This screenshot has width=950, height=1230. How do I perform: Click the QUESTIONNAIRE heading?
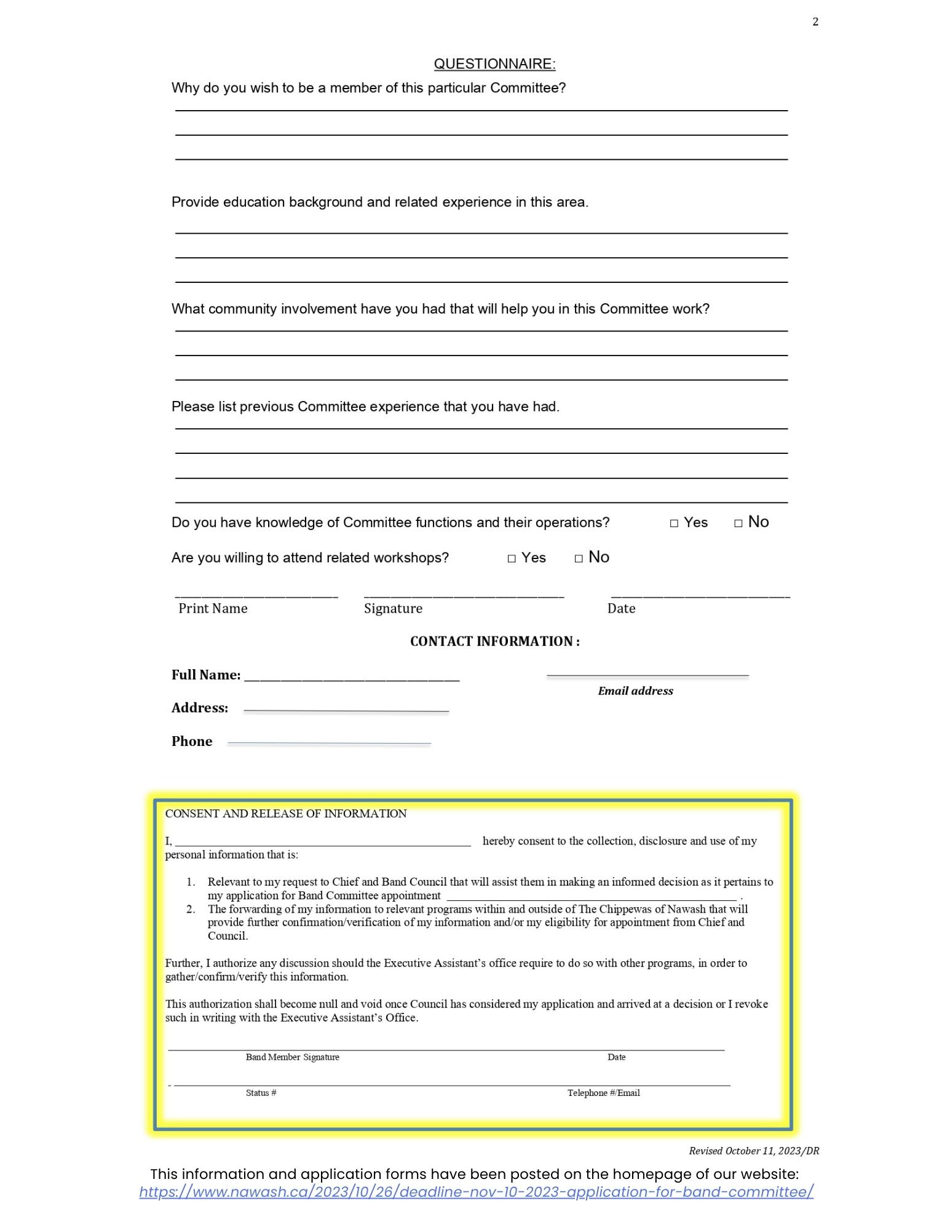[494, 64]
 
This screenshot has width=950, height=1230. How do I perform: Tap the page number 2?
[815, 22]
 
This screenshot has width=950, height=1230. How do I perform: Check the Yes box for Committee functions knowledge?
[674, 523]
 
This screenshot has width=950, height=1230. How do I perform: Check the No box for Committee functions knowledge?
[738, 523]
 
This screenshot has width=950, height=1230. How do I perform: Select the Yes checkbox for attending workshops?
[512, 558]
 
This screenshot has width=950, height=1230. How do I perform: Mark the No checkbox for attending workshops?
[579, 558]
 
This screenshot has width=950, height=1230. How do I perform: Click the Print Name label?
[213, 608]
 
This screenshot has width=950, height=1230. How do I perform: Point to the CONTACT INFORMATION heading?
[494, 641]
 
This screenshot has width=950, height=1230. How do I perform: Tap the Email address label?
[635, 691]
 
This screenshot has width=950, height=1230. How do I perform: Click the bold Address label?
[199, 708]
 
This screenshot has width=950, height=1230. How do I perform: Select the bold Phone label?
[191, 741]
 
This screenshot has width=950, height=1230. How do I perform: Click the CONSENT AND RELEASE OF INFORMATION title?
[286, 814]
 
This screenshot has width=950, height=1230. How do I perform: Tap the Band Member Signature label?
[292, 1057]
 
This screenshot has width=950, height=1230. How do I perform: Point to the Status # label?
[261, 1092]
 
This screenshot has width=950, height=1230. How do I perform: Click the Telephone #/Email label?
[603, 1092]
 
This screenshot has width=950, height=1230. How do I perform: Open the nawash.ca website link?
[476, 1191]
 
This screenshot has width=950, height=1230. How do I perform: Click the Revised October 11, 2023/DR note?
[753, 1151]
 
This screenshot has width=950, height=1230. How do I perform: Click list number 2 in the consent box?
[191, 909]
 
